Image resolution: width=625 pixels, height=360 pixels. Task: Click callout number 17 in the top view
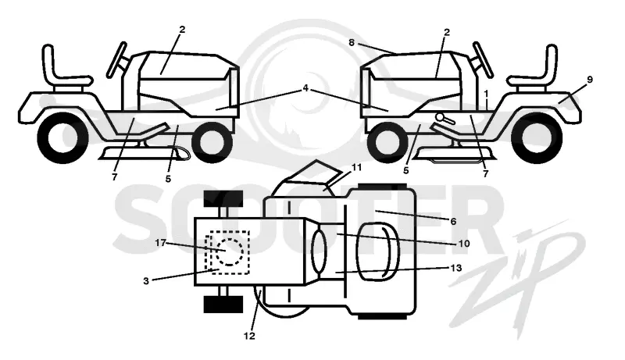161,243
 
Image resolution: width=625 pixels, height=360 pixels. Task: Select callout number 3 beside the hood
146,281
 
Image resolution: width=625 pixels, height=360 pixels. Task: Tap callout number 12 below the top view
249,336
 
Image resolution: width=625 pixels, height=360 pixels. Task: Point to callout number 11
356,167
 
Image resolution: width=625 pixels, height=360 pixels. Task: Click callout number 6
453,222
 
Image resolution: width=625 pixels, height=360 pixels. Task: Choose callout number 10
464,243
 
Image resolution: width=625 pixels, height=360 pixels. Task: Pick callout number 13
456,268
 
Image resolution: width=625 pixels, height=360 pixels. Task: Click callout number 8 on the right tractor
351,42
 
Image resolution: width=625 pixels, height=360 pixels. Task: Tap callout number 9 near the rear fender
590,80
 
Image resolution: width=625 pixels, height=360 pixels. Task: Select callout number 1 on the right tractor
486,94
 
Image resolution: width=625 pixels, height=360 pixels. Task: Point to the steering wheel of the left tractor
116,59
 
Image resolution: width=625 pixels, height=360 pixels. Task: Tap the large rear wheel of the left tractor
62,137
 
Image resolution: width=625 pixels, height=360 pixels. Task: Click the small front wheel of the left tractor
212,141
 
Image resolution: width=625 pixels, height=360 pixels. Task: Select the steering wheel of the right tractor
483,59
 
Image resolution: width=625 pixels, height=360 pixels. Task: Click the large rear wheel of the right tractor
537,137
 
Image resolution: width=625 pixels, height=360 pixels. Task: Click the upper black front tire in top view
223,198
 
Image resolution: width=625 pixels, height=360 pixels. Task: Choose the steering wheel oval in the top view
319,251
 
